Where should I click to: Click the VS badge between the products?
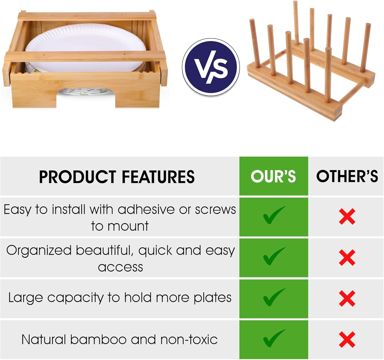[x=211, y=67]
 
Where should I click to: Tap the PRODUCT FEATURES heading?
[x=117, y=177]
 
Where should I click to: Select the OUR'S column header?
[x=273, y=176]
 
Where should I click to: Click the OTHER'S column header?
[x=347, y=176]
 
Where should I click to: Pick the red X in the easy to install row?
[x=347, y=217]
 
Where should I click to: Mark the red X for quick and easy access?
[x=347, y=258]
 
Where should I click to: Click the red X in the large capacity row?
[x=347, y=299]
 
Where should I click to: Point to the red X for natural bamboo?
[x=347, y=340]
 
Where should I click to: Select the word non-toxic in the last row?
[x=189, y=340]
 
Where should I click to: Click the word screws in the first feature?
[x=215, y=210]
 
